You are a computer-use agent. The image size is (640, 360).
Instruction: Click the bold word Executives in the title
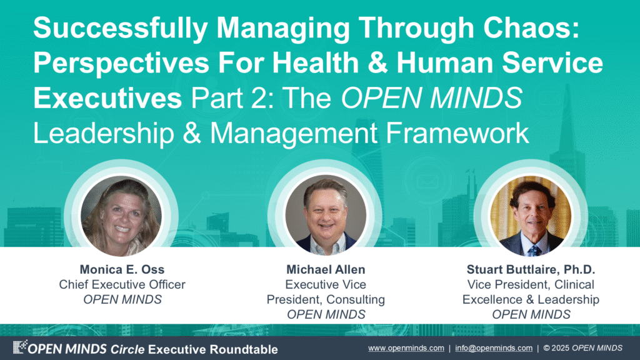107,98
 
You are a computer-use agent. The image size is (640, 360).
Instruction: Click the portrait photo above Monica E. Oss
121,216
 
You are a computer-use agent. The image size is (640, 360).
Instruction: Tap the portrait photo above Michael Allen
325,216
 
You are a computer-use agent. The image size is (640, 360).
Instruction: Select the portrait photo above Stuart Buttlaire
530,216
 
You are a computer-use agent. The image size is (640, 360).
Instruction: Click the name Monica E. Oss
122,269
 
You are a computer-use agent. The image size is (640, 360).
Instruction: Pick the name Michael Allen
326,269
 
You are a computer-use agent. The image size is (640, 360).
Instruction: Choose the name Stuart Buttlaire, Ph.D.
531,269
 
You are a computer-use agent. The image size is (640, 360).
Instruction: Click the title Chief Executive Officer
122,284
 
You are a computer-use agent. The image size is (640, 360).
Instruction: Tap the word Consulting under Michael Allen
356,299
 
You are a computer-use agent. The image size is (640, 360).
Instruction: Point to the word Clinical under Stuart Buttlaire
574,284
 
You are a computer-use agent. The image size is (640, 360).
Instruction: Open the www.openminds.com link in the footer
406,348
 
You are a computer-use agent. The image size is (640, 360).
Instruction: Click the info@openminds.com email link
494,348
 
